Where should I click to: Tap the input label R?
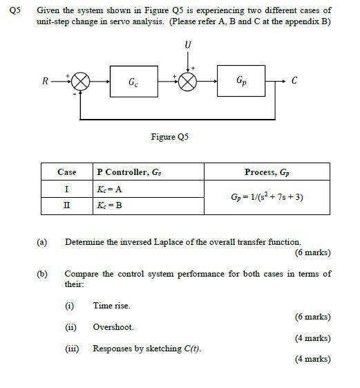[x=46, y=81]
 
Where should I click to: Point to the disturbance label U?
[x=187, y=45]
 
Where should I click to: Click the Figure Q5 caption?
[x=169, y=137]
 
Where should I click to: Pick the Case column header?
[x=67, y=172]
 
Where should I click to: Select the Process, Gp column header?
[x=267, y=172]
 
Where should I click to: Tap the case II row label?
[x=67, y=205]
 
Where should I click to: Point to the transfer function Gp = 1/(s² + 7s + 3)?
[x=267, y=197]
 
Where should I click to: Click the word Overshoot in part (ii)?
[x=113, y=326]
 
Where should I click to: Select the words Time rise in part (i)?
[x=111, y=305]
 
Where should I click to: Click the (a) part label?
[x=42, y=242]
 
